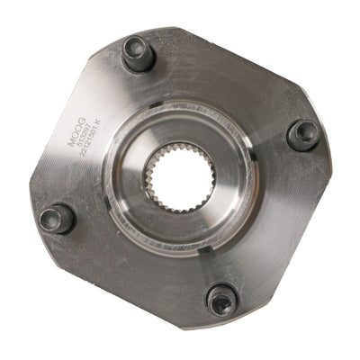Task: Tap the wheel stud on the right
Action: [303, 134]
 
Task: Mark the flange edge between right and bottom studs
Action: [288, 238]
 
